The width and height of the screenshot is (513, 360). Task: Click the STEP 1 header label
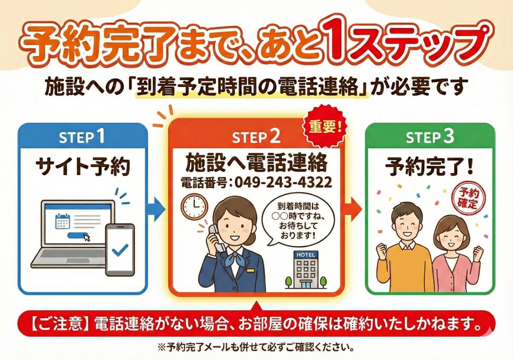pyautogui.click(x=82, y=137)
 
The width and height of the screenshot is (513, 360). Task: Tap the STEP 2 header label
pyautogui.click(x=256, y=137)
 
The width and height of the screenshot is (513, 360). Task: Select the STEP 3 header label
pyautogui.click(x=430, y=137)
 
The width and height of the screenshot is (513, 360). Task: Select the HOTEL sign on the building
pyautogui.click(x=306, y=254)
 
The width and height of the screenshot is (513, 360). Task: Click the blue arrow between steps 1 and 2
pyautogui.click(x=156, y=209)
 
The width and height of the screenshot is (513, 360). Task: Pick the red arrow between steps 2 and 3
pyautogui.click(x=353, y=209)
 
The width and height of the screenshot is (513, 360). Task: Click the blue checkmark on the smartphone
pyautogui.click(x=120, y=250)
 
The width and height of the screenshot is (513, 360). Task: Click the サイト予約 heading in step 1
pyautogui.click(x=82, y=166)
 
